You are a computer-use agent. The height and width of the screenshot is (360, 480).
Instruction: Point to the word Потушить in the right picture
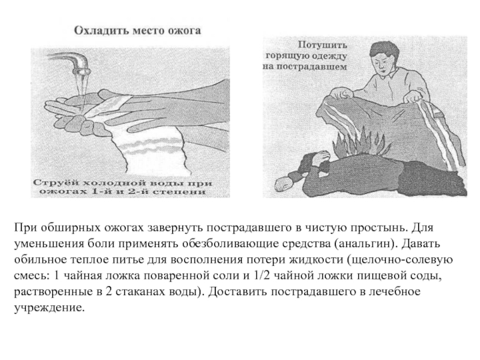(322, 45)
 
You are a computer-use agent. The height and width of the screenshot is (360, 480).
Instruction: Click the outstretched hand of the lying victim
(284, 184)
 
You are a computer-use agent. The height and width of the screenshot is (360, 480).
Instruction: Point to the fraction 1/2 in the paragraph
(261, 275)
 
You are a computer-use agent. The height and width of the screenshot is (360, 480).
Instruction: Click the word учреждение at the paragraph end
(49, 308)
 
